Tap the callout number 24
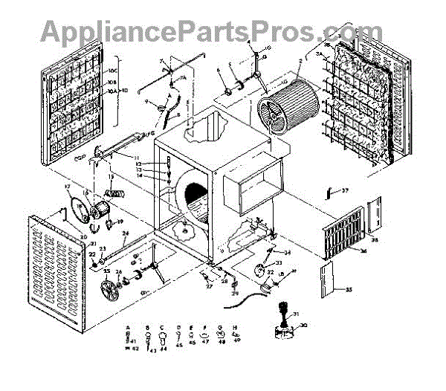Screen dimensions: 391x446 pos(126,234)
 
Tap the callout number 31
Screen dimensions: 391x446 pos(296,313)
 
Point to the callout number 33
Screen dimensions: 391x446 pos(279,262)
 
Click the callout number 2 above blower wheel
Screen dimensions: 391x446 pos(300,61)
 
